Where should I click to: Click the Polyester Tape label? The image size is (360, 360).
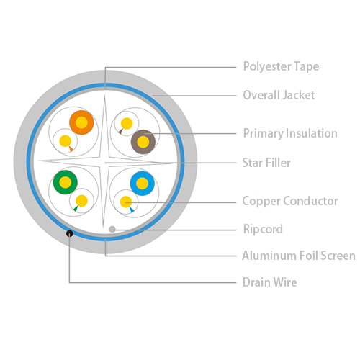pyautogui.click(x=281, y=66)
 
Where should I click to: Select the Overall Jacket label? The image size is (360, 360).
pyautogui.click(x=279, y=95)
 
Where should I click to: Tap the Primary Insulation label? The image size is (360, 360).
pyautogui.click(x=290, y=133)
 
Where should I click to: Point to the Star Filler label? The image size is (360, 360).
pyautogui.click(x=266, y=163)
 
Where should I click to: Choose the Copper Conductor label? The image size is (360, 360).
pyautogui.click(x=290, y=201)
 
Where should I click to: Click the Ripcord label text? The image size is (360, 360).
pyautogui.click(x=263, y=229)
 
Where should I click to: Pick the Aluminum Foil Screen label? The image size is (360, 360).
pyautogui.click(x=299, y=256)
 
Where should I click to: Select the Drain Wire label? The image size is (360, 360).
pyautogui.click(x=269, y=282)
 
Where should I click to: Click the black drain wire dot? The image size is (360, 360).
pyautogui.click(x=70, y=233)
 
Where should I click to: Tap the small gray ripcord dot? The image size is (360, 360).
pyautogui.click(x=112, y=229)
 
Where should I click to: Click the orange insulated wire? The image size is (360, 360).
pyautogui.click(x=81, y=122)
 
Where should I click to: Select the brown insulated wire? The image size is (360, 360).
pyautogui.click(x=143, y=142)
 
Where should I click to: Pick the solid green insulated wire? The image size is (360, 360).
pyautogui.click(x=66, y=182)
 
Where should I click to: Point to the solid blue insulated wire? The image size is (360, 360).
pyautogui.click(x=143, y=184)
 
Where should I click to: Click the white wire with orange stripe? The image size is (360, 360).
pyautogui.click(x=66, y=141)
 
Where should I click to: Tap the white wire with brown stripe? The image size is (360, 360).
pyautogui.click(x=127, y=124)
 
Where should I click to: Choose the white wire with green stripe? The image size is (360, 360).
pyautogui.click(x=81, y=201)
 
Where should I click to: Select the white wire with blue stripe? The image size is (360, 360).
pyautogui.click(x=126, y=202)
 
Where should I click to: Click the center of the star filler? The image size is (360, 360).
pyautogui.click(x=104, y=162)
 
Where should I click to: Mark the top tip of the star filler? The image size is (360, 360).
pyautogui.click(x=104, y=95)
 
